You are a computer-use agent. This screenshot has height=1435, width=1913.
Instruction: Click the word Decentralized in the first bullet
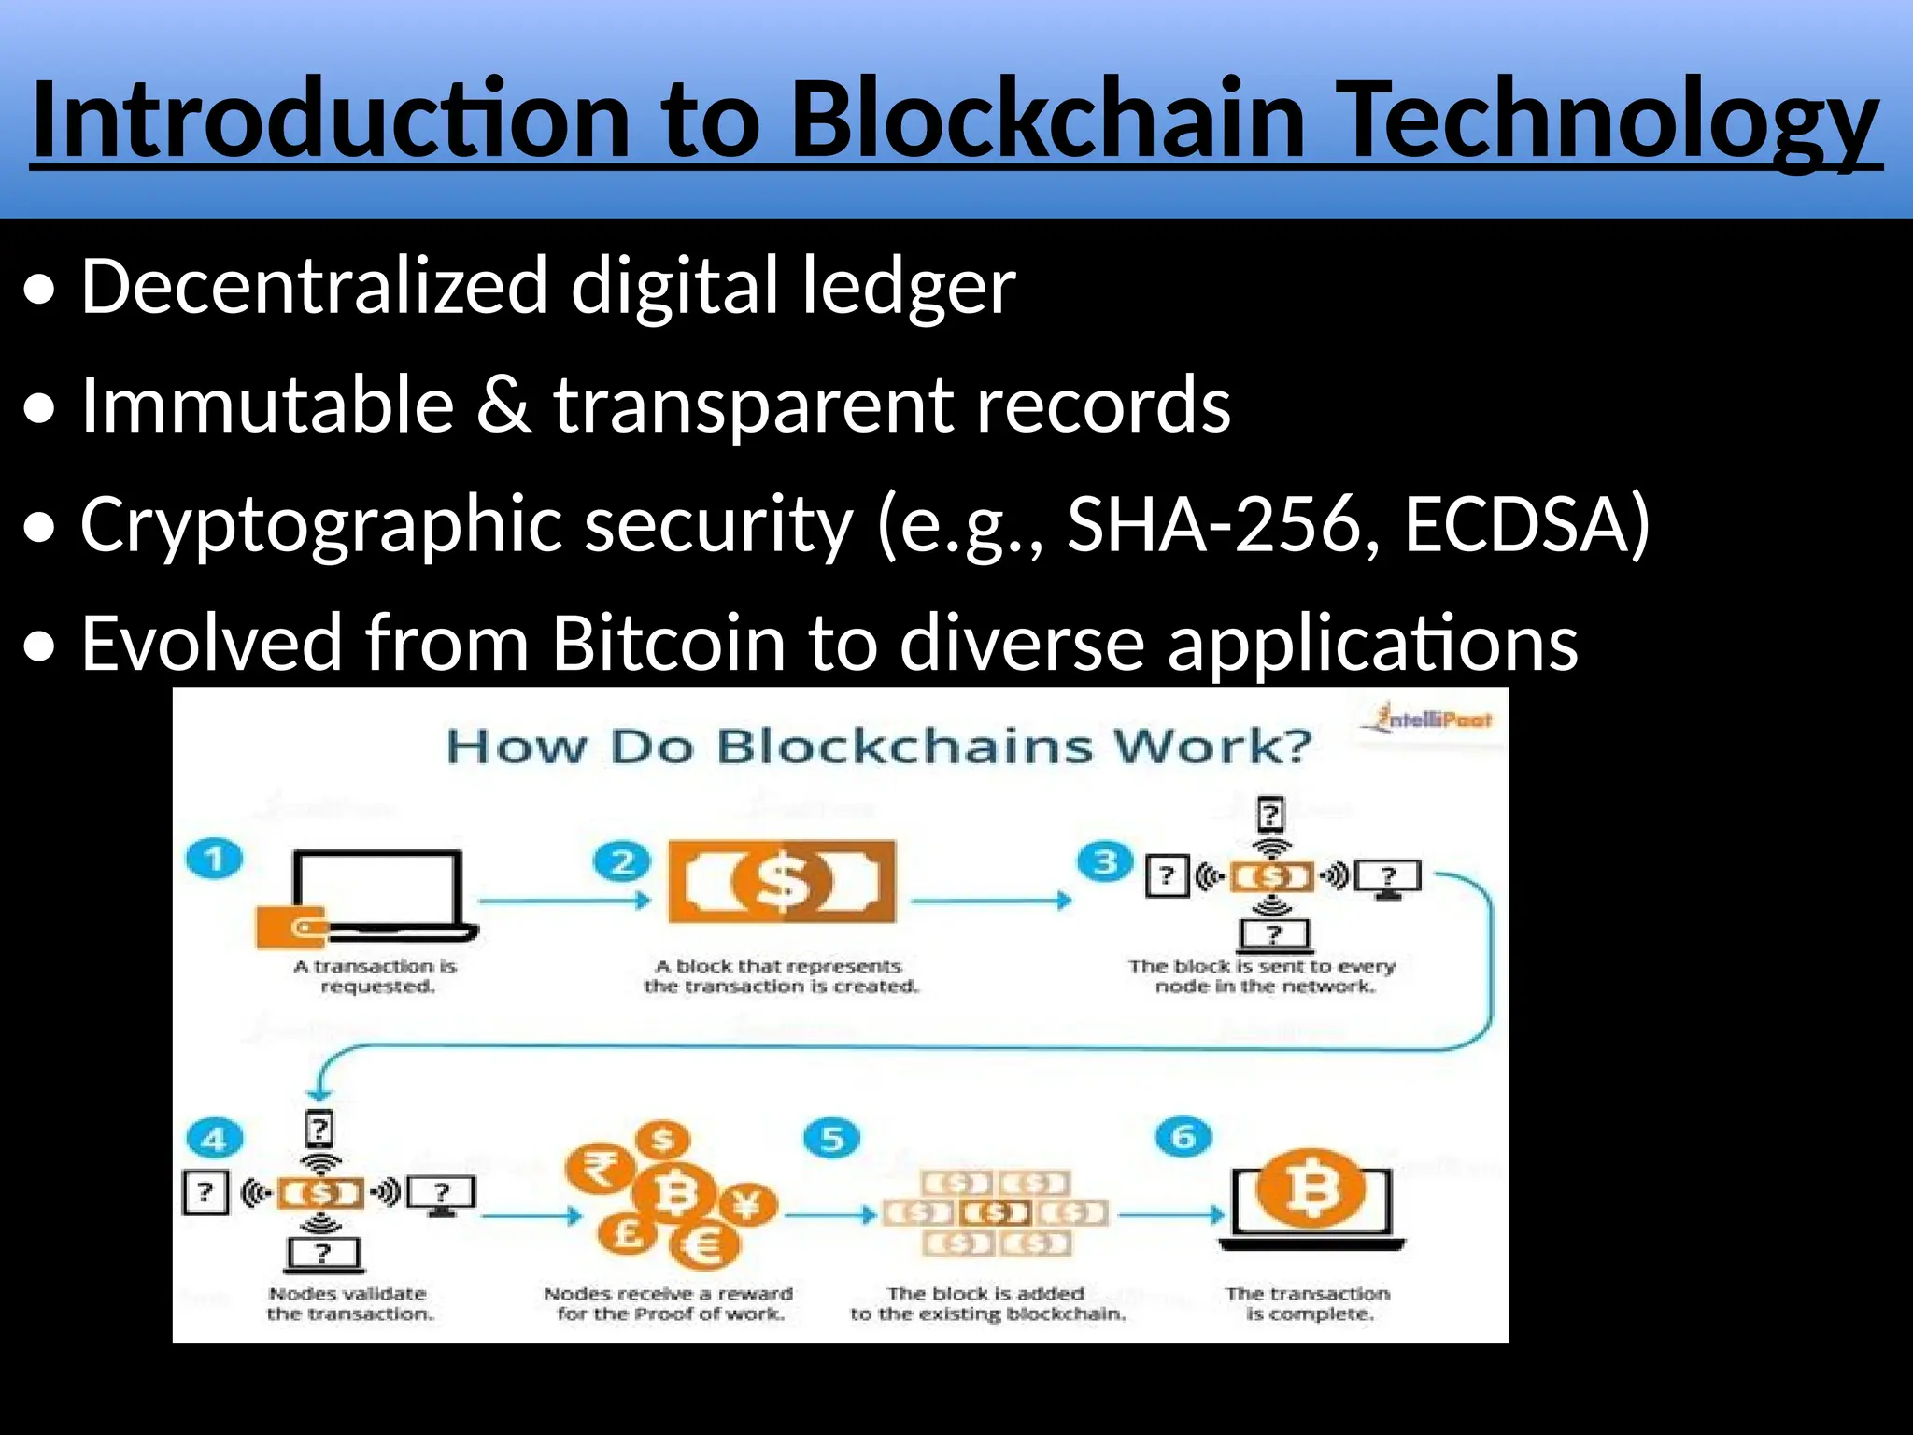(x=314, y=285)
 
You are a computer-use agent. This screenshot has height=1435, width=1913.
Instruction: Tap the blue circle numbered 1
(x=214, y=858)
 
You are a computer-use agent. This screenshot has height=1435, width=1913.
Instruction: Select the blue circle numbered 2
(x=622, y=861)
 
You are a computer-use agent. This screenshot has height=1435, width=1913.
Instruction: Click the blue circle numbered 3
(x=1105, y=861)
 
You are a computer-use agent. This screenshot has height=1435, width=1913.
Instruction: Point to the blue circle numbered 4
(x=214, y=1139)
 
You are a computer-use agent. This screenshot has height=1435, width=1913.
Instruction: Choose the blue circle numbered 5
(x=831, y=1138)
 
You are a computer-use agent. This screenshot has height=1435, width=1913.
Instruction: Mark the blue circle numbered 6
(x=1183, y=1137)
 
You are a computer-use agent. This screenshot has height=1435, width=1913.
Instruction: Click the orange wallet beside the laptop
(x=291, y=927)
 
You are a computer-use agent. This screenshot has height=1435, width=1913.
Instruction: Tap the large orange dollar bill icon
(x=782, y=881)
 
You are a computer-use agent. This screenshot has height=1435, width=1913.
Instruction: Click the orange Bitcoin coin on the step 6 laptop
(x=1311, y=1190)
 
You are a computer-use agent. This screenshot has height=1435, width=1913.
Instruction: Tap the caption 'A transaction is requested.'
(x=376, y=975)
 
